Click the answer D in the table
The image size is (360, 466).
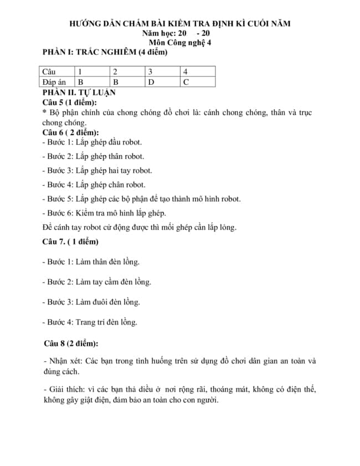[151, 82]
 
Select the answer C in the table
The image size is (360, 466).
[186, 82]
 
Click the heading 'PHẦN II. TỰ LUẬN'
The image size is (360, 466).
[79, 93]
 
